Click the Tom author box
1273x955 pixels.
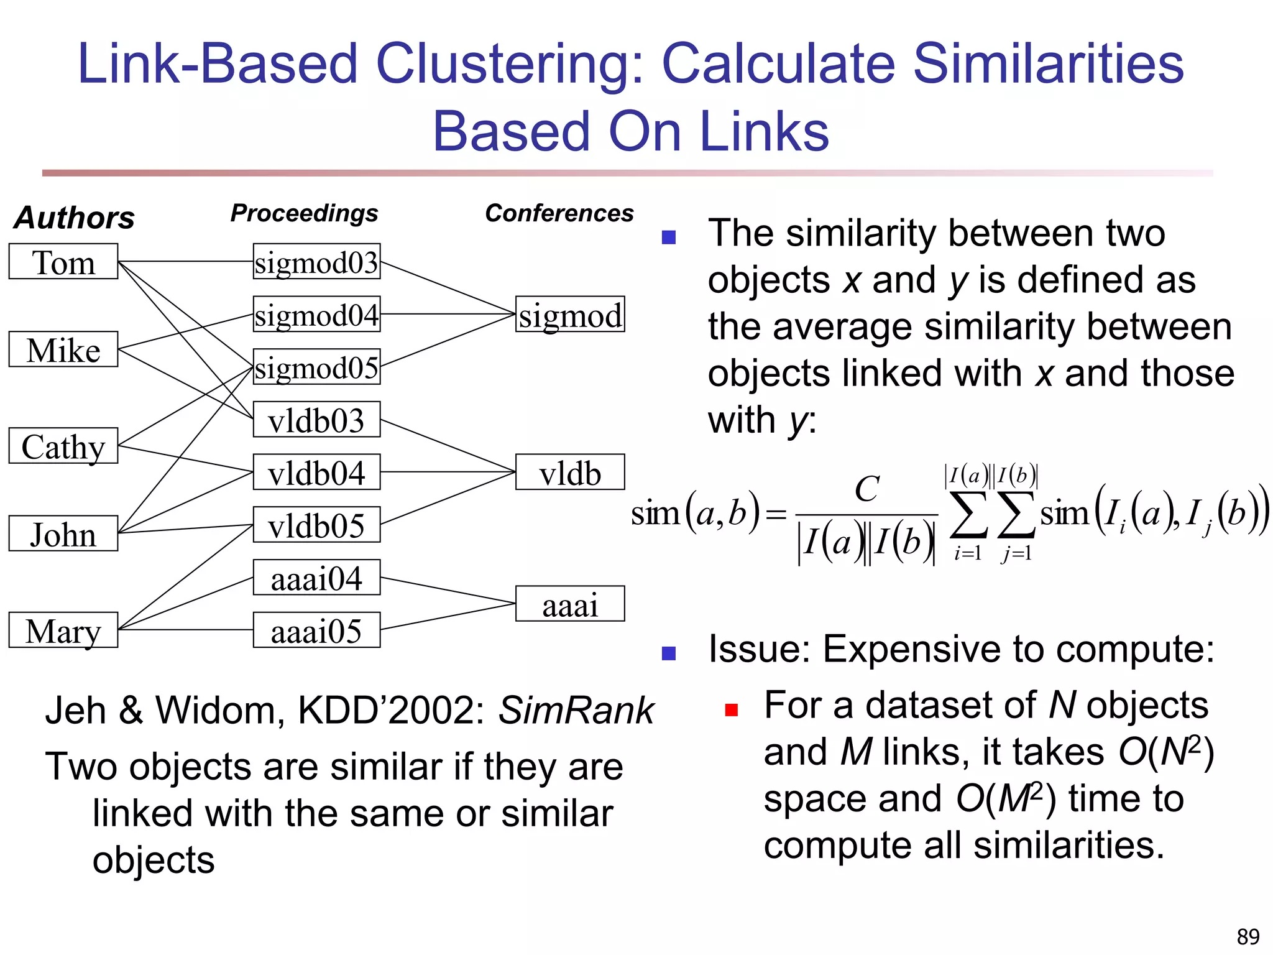click(63, 262)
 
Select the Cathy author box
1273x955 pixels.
click(63, 446)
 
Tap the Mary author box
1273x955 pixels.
click(63, 630)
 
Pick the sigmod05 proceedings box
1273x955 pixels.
click(316, 367)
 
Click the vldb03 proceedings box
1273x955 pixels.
click(316, 420)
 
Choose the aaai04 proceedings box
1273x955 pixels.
click(316, 578)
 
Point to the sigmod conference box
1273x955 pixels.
click(570, 314)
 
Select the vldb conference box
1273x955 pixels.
click(570, 473)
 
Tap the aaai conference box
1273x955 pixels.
click(570, 604)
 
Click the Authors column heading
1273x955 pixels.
click(75, 218)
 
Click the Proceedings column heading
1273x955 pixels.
click(304, 213)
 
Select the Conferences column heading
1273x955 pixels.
click(559, 213)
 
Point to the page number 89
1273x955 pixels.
click(1248, 936)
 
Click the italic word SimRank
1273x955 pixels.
click(576, 710)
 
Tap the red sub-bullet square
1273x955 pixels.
click(732, 710)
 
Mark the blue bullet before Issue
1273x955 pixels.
click(669, 653)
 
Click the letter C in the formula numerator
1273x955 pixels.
click(866, 489)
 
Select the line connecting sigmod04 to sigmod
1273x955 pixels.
click(448, 314)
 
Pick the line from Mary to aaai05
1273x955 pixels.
click(186, 630)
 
